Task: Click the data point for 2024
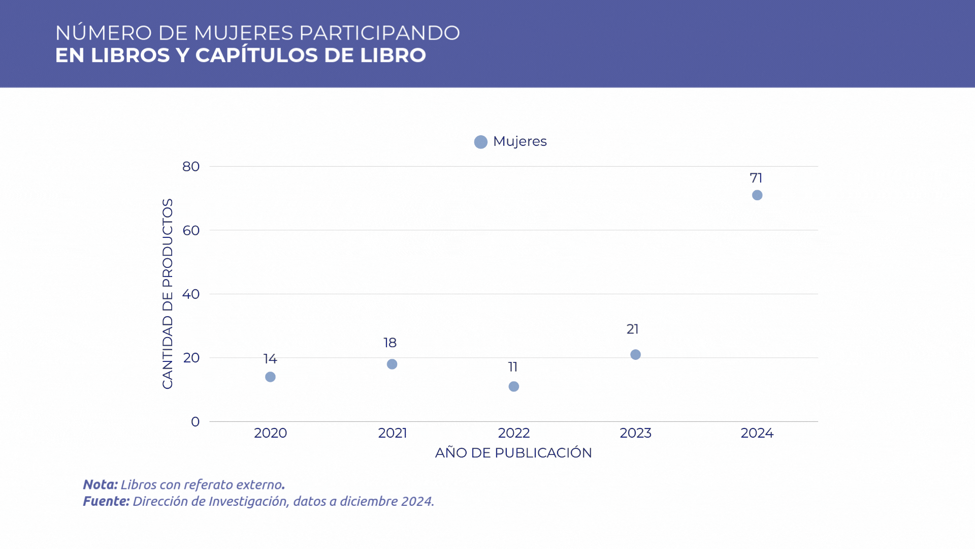757,195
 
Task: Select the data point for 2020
270,377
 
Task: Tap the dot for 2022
513,386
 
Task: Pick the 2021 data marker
392,364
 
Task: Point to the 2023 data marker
635,354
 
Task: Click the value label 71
756,178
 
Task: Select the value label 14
270,359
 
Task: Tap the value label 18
390,343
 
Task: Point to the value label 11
513,367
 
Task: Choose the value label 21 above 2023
632,329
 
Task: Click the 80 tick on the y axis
191,166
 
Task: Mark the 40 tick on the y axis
191,294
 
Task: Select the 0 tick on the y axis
195,421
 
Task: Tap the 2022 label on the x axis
513,433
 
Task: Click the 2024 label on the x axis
757,433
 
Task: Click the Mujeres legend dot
480,142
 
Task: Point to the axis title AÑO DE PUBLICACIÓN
513,453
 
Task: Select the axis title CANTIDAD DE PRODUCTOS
168,294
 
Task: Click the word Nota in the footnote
100,484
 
